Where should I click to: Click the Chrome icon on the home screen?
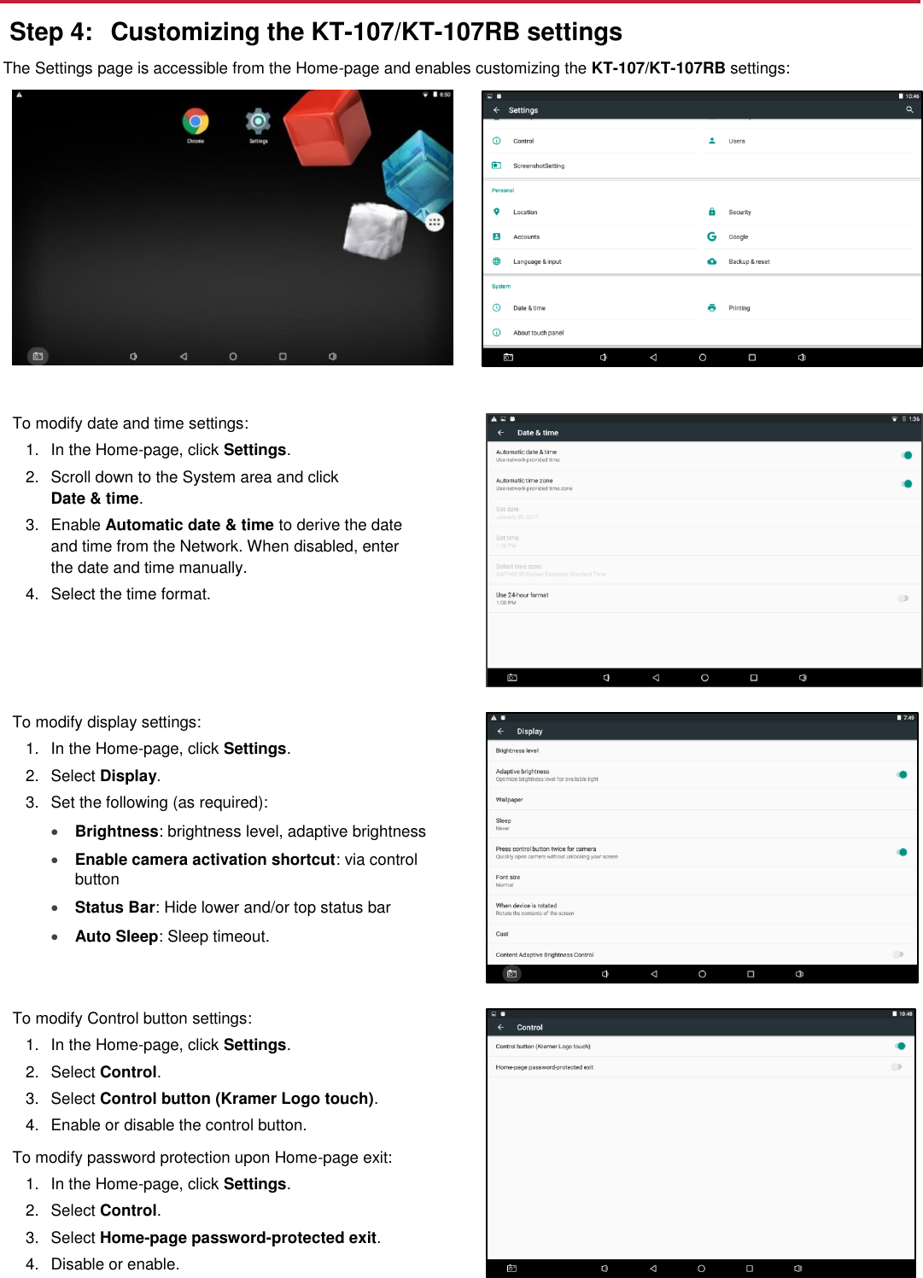coord(196,122)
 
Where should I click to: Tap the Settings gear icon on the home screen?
coord(258,121)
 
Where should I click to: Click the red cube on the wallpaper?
coord(326,128)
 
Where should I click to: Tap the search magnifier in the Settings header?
coord(909,110)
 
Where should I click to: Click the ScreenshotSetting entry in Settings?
coord(538,166)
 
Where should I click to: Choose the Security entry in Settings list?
coord(739,212)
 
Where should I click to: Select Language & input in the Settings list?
coord(537,261)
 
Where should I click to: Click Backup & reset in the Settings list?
coord(749,261)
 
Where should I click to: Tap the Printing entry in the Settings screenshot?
coord(739,308)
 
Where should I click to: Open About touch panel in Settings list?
coord(538,333)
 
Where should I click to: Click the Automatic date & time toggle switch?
coord(906,455)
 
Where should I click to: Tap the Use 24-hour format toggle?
coord(903,598)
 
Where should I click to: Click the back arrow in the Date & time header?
coord(501,433)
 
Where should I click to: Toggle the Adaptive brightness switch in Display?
coord(902,774)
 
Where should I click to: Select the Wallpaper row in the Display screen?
coord(510,800)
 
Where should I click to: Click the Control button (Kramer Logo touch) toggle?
coord(900,1046)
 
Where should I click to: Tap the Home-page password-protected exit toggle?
coord(897,1067)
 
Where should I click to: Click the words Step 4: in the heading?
coord(50,32)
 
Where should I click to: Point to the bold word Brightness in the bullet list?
coord(116,832)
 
